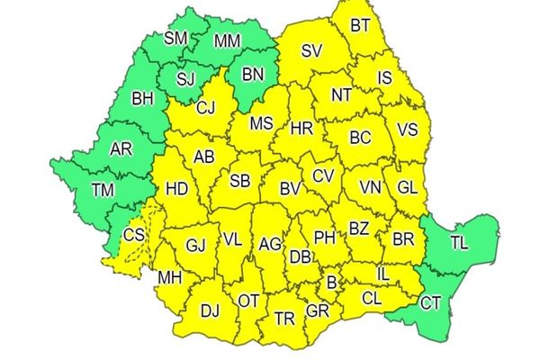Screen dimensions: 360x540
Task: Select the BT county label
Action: (x=360, y=24)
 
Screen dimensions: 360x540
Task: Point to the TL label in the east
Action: (x=459, y=244)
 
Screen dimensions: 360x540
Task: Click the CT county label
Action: (x=431, y=302)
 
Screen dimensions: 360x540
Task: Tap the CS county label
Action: (x=134, y=236)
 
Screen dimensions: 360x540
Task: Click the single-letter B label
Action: (x=331, y=283)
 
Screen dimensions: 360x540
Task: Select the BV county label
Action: (x=289, y=189)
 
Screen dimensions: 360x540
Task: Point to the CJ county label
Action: (x=206, y=109)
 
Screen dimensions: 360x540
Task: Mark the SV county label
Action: (x=311, y=51)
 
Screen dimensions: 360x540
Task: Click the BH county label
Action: (x=142, y=98)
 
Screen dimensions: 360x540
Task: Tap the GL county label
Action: (x=408, y=187)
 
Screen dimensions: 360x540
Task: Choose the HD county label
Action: (x=177, y=189)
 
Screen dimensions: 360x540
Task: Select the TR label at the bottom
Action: (x=284, y=319)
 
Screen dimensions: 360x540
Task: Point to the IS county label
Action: (x=384, y=78)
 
